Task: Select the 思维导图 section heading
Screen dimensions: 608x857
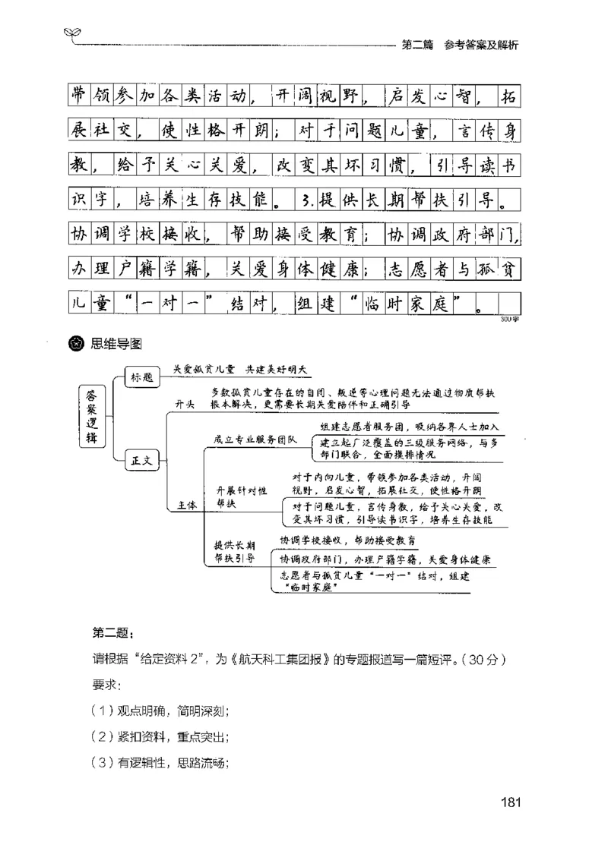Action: (x=116, y=342)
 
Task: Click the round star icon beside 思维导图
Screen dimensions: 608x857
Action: (x=77, y=342)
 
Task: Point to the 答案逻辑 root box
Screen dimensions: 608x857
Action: (x=91, y=415)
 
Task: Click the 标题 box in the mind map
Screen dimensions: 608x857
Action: (x=141, y=377)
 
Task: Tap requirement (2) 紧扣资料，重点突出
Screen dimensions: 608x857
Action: (x=160, y=737)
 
